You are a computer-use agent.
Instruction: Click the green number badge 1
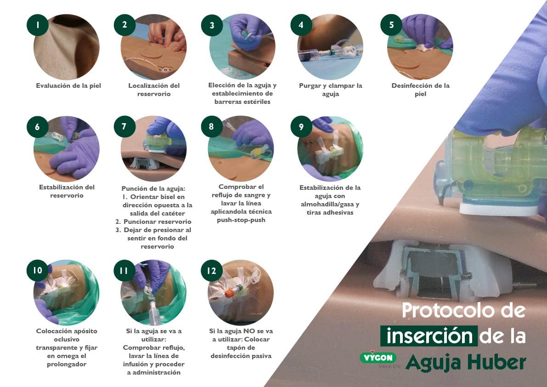(x=37, y=25)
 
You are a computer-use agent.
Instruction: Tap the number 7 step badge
(x=124, y=127)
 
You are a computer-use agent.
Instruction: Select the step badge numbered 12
(x=212, y=271)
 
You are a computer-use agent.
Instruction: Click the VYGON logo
(x=378, y=358)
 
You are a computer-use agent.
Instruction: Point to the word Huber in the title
(x=496, y=363)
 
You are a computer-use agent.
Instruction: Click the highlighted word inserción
(x=429, y=336)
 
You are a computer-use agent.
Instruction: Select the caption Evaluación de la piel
(x=68, y=85)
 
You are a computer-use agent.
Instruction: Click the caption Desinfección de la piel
(x=420, y=90)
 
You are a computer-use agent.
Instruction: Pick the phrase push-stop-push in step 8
(x=241, y=220)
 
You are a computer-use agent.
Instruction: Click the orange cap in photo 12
(x=230, y=292)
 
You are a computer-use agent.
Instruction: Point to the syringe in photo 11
(x=152, y=311)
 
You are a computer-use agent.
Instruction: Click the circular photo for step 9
(x=330, y=148)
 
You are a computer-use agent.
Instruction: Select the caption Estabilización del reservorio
(x=67, y=191)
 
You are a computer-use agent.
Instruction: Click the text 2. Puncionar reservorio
(x=153, y=222)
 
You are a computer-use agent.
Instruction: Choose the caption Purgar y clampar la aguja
(x=330, y=90)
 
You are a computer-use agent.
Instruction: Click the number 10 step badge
(x=37, y=270)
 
